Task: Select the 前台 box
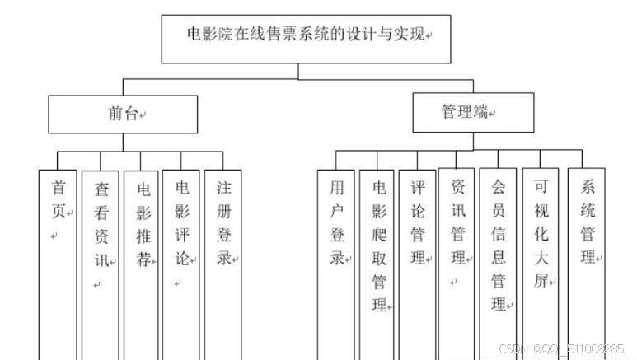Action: (x=122, y=114)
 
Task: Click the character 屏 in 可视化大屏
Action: (x=540, y=281)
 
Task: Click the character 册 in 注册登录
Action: (x=224, y=210)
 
